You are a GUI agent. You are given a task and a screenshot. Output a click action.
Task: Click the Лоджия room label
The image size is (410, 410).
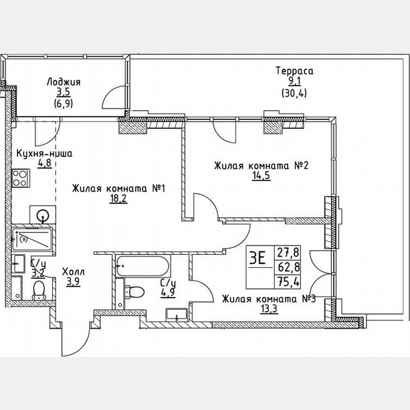[64, 82]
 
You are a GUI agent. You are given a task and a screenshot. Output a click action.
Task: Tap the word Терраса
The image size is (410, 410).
[295, 71]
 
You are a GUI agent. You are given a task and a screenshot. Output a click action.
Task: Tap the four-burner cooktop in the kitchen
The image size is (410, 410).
[20, 178]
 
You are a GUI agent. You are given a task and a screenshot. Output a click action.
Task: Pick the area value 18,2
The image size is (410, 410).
[118, 199]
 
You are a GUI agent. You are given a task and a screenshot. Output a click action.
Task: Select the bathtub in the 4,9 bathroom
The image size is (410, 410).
[143, 267]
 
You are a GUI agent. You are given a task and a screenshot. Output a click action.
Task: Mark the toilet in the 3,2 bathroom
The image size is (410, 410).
[37, 290]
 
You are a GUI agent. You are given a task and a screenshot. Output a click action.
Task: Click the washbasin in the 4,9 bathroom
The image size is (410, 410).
[177, 315]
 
